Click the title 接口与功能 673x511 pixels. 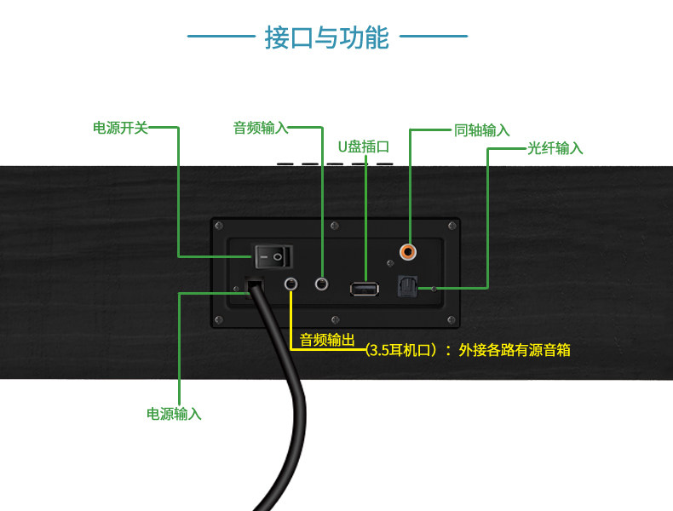tap(327, 37)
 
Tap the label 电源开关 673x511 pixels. tap(120, 128)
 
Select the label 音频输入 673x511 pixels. tap(261, 128)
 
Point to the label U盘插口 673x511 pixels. tap(364, 146)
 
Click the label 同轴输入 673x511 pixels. tap(482, 130)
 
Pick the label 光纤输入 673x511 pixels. tap(555, 148)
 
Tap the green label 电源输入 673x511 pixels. tap(174, 414)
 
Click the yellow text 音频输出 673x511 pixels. tap(326, 341)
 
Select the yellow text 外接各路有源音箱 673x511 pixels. tap(515, 349)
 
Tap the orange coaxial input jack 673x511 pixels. tap(410, 252)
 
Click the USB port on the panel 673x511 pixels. tap(364, 289)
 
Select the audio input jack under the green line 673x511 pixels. tap(323, 283)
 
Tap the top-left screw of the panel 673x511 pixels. tap(218, 226)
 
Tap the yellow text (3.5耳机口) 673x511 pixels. tap(400, 349)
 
